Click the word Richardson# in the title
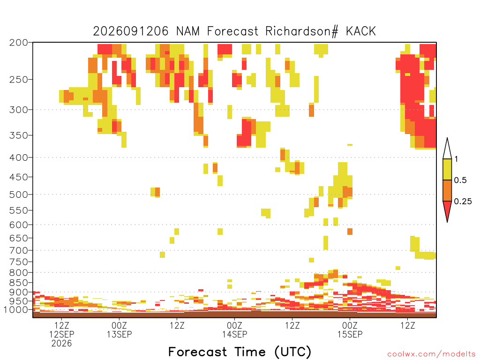[x=302, y=31]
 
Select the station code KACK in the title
[x=360, y=31]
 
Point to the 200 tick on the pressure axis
[x=18, y=43]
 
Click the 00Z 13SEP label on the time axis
[x=119, y=330]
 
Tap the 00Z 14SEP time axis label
[x=234, y=330]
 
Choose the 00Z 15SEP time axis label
[x=350, y=330]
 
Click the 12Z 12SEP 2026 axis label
[x=61, y=334]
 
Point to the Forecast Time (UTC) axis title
[x=240, y=352]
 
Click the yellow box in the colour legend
[x=447, y=169]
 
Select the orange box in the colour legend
[x=447, y=190]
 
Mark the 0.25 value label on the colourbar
[x=463, y=202]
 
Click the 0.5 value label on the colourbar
[x=460, y=180]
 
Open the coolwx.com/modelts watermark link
[x=431, y=354]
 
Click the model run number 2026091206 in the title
[x=131, y=31]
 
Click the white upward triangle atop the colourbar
[x=447, y=149]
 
